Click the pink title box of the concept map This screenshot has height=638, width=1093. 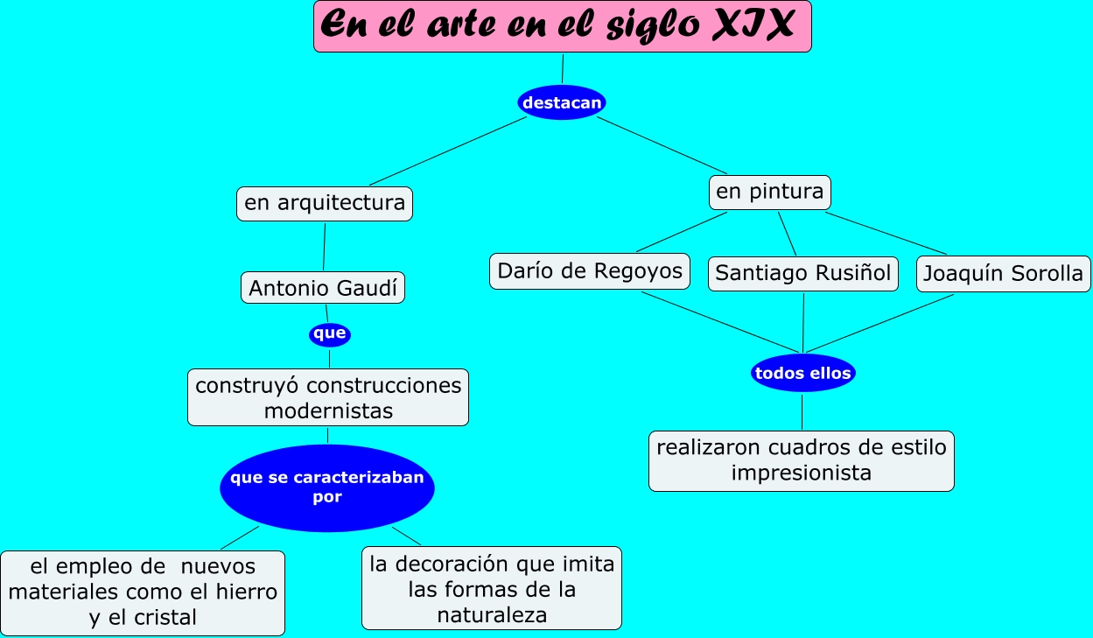coord(562,26)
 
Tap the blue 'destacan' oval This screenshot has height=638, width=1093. coord(562,102)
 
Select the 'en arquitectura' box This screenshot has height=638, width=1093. coord(324,204)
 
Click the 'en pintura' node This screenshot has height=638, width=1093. coord(769,192)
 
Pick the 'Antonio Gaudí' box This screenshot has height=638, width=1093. coord(322,288)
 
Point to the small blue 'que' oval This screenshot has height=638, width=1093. coord(330,333)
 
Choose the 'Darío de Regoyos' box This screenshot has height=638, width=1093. coord(589,271)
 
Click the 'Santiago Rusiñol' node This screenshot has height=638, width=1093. coord(802,273)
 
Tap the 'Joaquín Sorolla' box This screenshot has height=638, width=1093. coord(1003,274)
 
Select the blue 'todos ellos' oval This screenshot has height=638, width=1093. coord(802,374)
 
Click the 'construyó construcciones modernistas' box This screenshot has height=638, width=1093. coord(328,397)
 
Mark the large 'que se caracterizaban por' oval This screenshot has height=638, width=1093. coord(326,488)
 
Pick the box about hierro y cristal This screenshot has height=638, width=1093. coord(143,592)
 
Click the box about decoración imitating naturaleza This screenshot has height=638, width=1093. coord(492,589)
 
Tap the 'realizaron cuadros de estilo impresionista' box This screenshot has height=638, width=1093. coord(801,460)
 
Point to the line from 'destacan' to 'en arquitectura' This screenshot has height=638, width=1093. coord(447,151)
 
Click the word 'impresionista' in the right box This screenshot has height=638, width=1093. coord(801,473)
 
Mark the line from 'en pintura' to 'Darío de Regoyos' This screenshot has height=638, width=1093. coord(682,232)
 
